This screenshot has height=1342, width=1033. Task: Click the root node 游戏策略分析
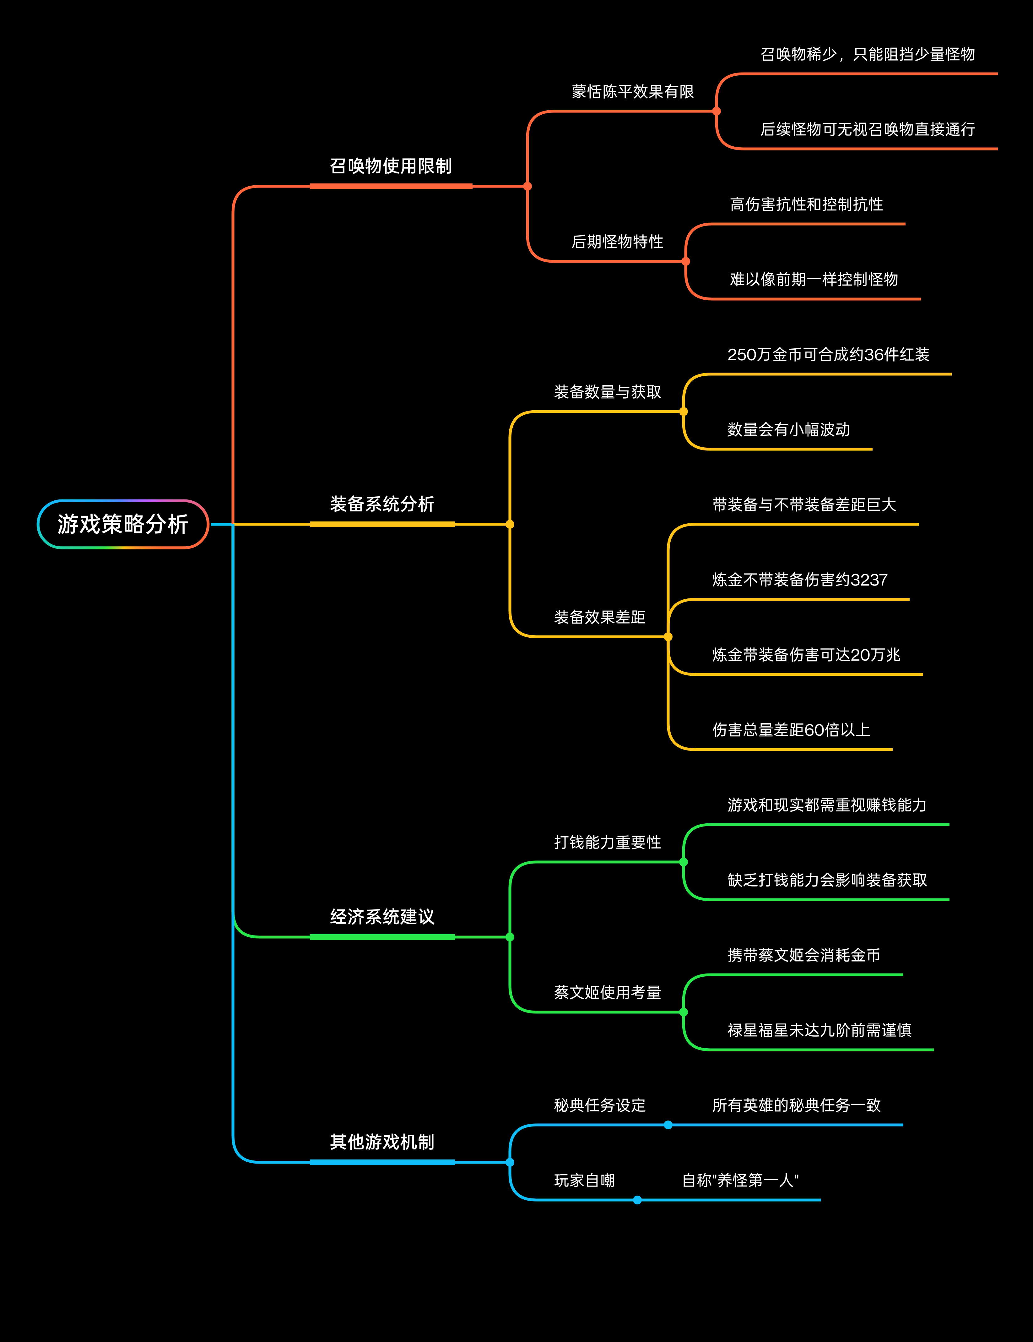coord(123,524)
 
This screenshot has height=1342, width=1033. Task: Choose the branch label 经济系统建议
coord(382,917)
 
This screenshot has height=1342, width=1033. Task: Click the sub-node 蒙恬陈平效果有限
coord(633,92)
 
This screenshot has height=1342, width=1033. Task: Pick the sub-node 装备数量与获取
coord(607,392)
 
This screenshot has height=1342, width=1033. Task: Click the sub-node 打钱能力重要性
coord(607,843)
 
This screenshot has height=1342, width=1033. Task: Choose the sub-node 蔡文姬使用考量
coord(607,992)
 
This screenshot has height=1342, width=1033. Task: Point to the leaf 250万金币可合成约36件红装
coord(828,355)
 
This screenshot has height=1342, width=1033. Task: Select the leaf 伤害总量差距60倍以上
coord(791,730)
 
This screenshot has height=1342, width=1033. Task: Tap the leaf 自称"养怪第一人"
coord(740,1181)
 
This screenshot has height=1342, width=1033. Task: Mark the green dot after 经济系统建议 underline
coord(510,937)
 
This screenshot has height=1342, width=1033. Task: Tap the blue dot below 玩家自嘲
coord(637,1200)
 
